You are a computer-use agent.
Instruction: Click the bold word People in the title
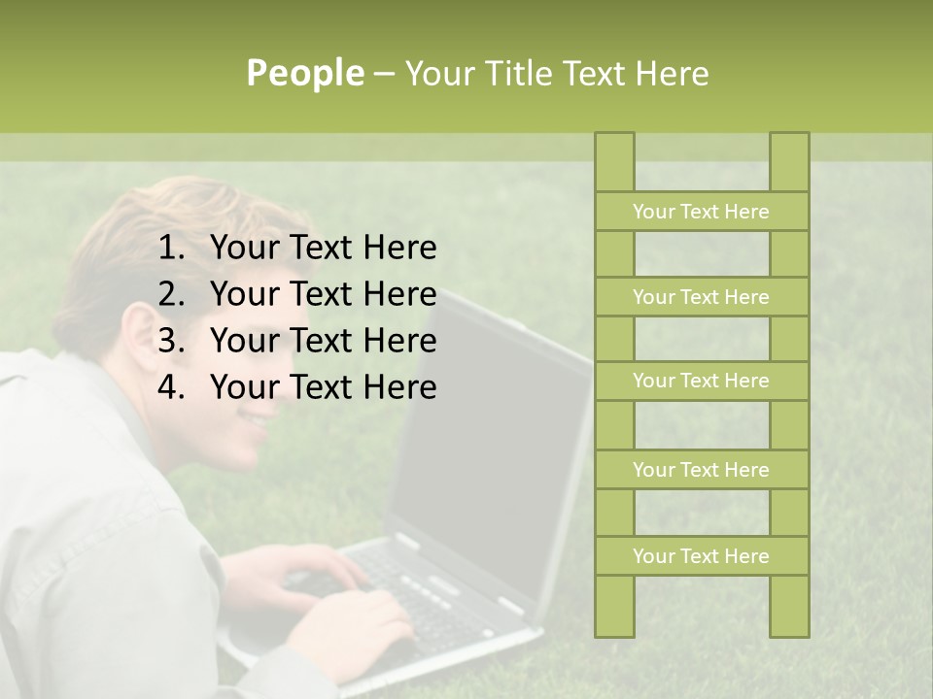point(304,73)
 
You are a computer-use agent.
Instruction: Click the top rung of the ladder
point(701,212)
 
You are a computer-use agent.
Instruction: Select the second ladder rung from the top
point(701,297)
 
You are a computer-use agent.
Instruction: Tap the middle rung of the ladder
point(701,382)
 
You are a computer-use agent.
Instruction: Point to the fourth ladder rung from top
point(701,470)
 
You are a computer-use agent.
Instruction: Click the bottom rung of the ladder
point(701,556)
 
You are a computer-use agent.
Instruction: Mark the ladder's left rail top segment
point(614,161)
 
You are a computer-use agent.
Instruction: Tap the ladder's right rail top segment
point(789,161)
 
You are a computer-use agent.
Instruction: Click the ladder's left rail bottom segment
point(614,607)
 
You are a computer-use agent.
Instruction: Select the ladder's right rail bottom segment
point(789,607)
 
